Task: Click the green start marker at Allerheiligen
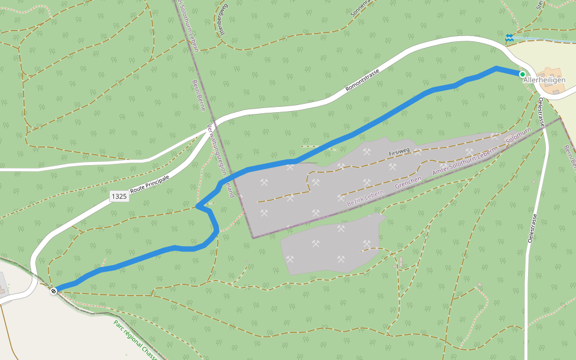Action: [522, 74]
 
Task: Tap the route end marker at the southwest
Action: [54, 291]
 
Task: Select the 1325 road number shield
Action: [119, 196]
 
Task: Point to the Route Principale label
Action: [150, 184]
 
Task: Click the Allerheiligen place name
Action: [545, 80]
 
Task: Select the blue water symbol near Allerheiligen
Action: [509, 38]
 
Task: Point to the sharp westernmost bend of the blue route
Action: [197, 206]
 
